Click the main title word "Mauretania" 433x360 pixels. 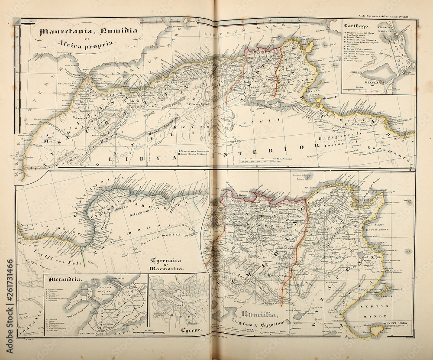65,31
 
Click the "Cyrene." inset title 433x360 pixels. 191,331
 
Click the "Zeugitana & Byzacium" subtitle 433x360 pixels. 262,323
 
